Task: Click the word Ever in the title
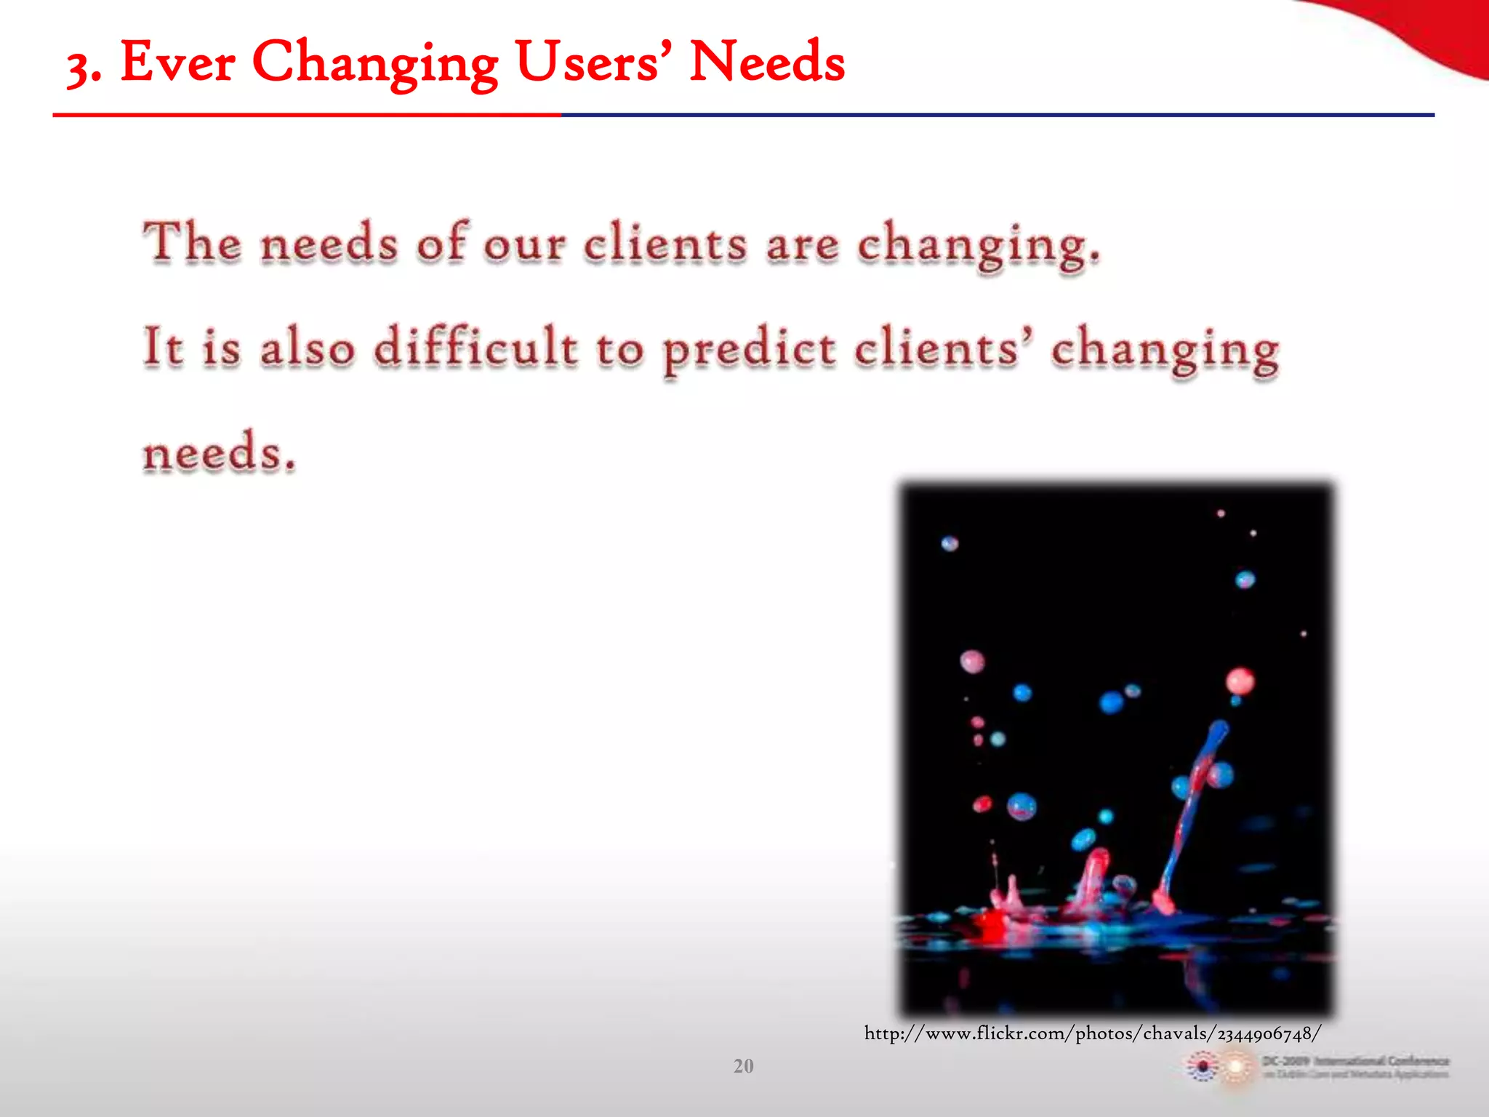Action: click(177, 63)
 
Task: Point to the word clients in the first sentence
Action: click(665, 243)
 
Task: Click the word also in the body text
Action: click(307, 347)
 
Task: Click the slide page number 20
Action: click(743, 1066)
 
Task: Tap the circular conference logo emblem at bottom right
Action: click(1203, 1067)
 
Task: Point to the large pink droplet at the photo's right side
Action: click(1240, 681)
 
